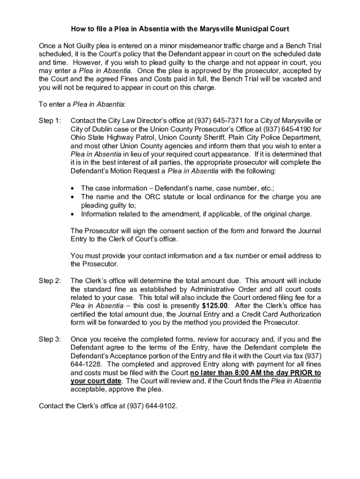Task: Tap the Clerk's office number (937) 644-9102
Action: [x=152, y=406]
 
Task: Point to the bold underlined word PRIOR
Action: [x=301, y=373]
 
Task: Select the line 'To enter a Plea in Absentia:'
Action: [x=82, y=104]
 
